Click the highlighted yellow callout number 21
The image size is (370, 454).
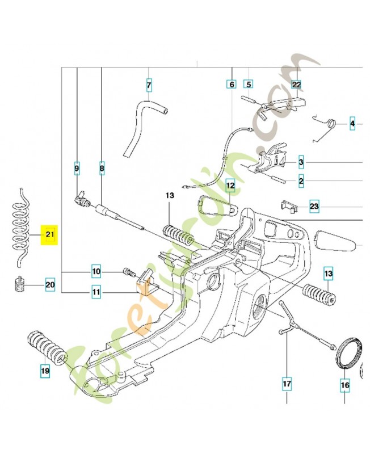(50, 234)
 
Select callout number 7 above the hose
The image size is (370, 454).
(149, 85)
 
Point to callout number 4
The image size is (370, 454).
(352, 124)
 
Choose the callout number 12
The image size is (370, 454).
(230, 185)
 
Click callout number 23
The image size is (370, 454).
(314, 207)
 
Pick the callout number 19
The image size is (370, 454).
(45, 371)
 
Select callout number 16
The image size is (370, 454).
(345, 385)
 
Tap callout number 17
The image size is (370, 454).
(287, 384)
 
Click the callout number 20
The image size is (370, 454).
(50, 285)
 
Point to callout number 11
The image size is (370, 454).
(96, 292)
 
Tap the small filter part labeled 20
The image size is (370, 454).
(19, 284)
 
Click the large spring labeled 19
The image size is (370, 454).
(48, 347)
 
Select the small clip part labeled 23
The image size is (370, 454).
(290, 207)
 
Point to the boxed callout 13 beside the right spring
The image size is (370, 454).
(329, 274)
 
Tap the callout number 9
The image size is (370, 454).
(77, 168)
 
